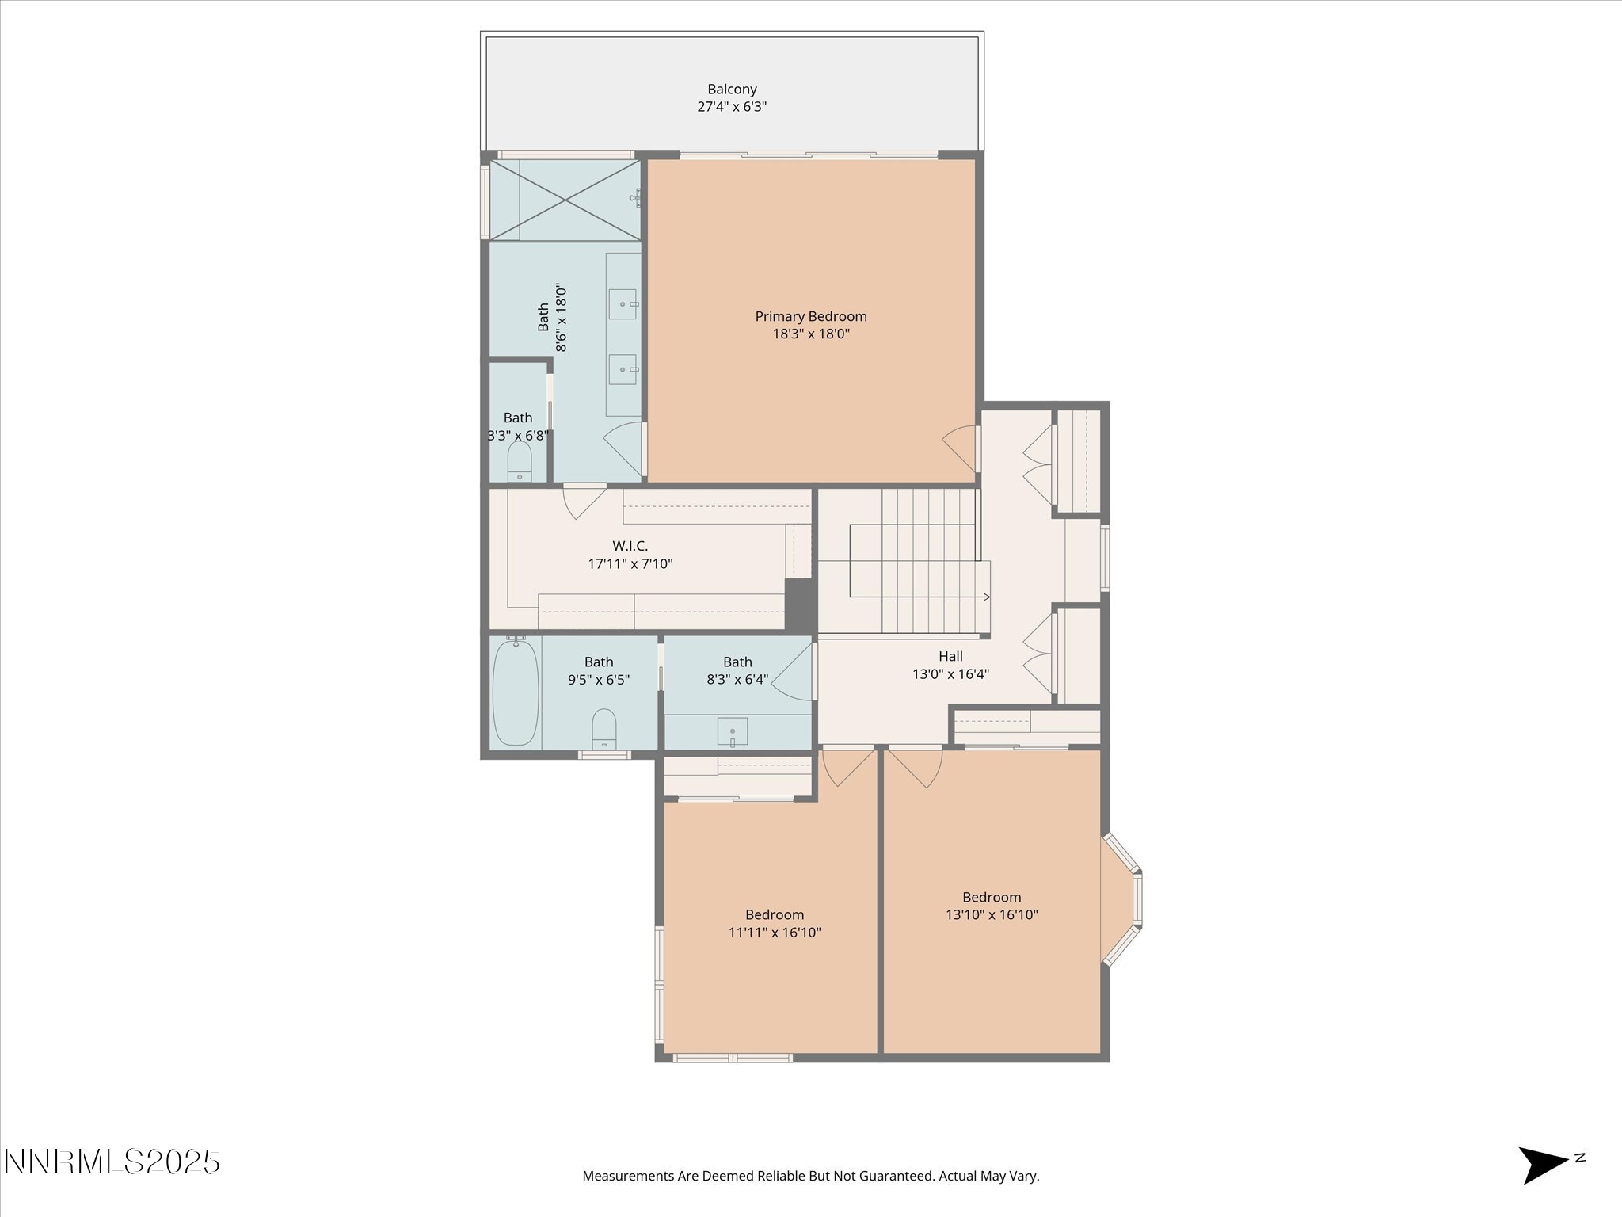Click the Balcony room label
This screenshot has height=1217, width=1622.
[x=732, y=90]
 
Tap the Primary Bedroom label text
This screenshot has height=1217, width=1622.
[x=811, y=316]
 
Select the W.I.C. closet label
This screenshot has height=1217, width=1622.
[x=630, y=546]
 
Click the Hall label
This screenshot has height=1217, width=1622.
[x=950, y=656]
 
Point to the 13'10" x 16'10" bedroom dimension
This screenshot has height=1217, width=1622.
[x=992, y=914]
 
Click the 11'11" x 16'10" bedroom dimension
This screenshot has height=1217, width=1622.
[x=775, y=933]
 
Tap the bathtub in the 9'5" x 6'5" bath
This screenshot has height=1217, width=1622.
[x=516, y=692]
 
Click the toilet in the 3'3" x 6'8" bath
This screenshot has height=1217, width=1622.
[x=519, y=461]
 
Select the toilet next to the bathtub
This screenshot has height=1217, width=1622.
[x=604, y=729]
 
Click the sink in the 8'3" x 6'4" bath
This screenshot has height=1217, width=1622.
[x=733, y=731]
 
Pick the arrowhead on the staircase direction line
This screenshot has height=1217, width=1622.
[x=987, y=597]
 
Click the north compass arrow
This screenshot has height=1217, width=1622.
[x=1543, y=1165]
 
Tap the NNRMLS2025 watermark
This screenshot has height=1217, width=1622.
[x=112, y=1162]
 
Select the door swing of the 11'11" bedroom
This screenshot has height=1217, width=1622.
[x=847, y=767]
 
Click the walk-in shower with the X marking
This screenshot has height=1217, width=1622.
[x=565, y=200]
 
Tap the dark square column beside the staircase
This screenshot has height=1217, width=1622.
[x=800, y=605]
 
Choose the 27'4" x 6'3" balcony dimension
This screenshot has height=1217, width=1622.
[x=732, y=107]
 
